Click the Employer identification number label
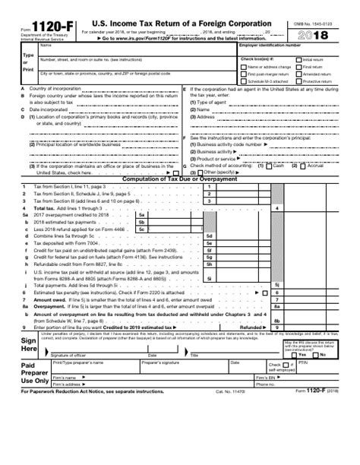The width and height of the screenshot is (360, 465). (270, 46)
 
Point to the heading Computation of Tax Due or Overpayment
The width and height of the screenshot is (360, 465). (180, 179)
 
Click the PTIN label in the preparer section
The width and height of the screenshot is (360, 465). (302, 363)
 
